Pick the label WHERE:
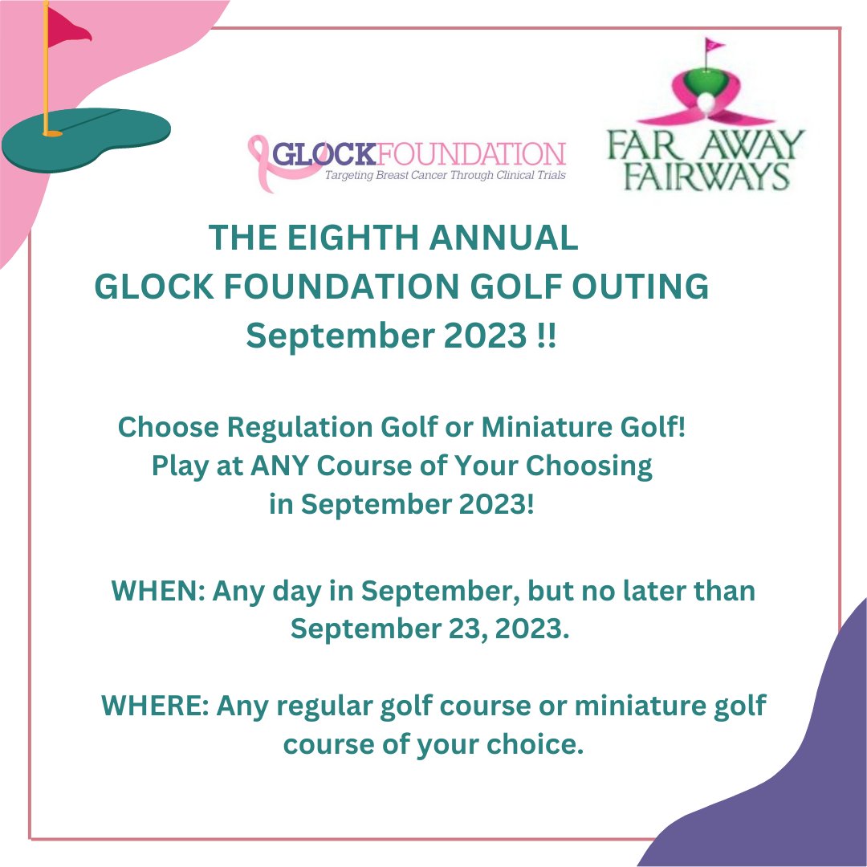(x=156, y=706)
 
